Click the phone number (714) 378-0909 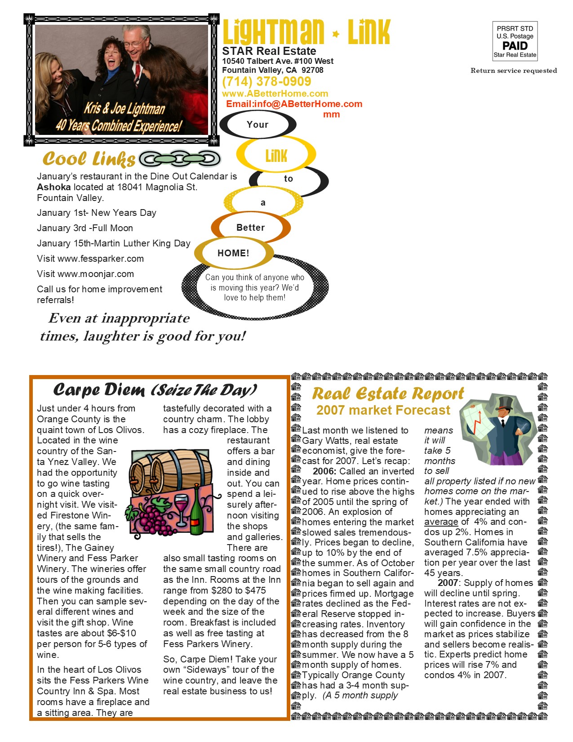coord(266,81)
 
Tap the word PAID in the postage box coord(515,45)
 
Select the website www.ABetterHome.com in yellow coord(275,94)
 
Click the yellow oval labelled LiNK coord(276,155)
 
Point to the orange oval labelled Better coord(250,228)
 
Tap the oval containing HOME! coord(233,253)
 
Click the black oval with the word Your coord(258,125)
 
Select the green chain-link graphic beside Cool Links coord(180,159)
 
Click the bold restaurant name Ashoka coord(54,187)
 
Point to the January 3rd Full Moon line coord(85,228)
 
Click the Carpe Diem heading coord(155,389)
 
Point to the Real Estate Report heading coord(387,393)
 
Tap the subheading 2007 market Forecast coord(383,410)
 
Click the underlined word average coord(441,522)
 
